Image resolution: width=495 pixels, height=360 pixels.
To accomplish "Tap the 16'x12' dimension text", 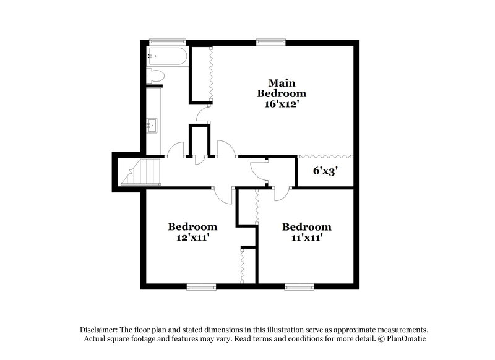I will pyautogui.click(x=282, y=105).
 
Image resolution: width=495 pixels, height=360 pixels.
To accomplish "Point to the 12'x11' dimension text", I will pyautogui.click(x=192, y=236).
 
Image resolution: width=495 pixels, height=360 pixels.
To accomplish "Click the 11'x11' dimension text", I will pyautogui.click(x=306, y=236).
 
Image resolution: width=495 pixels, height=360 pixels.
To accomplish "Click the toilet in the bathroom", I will pyautogui.click(x=155, y=77).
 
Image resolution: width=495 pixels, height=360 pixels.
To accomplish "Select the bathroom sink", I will pyautogui.click(x=152, y=126).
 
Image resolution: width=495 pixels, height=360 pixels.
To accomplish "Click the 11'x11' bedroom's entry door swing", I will pyautogui.click(x=281, y=193).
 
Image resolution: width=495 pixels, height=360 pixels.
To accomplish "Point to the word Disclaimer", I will pyautogui.click(x=98, y=330).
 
